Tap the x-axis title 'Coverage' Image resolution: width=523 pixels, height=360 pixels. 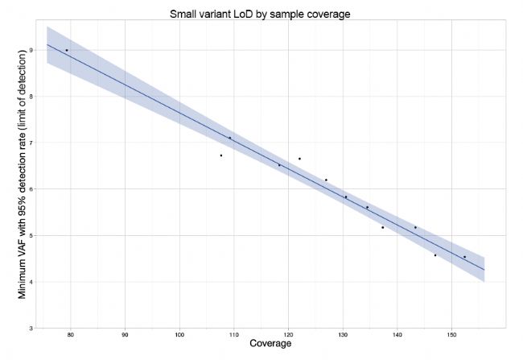270,344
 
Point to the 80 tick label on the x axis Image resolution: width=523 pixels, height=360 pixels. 71,333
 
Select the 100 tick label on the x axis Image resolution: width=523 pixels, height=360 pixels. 179,333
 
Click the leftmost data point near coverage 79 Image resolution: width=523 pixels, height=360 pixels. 67,51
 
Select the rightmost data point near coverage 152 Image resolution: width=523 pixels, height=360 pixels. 464,257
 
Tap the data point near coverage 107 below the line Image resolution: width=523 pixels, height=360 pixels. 221,155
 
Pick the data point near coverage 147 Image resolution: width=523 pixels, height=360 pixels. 435,255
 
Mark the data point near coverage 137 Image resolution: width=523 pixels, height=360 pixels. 382,227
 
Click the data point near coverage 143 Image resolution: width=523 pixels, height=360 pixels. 415,227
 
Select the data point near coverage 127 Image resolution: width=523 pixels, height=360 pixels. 326,180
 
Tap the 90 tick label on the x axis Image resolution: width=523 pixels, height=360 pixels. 126,333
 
